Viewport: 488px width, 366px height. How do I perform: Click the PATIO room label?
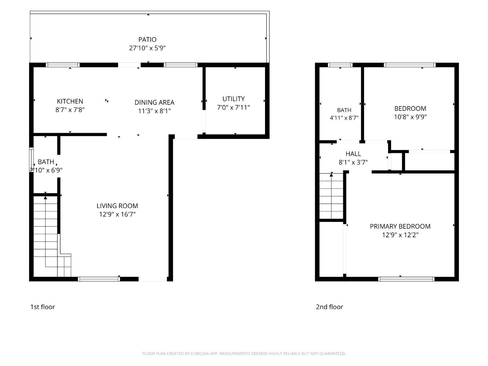147,40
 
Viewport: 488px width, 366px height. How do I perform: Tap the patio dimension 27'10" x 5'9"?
147,48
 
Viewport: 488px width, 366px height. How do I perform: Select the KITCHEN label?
70,101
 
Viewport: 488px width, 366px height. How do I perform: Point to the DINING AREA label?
154,102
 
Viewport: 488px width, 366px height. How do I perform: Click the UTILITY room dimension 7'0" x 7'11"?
233,107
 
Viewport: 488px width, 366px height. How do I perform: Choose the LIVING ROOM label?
117,206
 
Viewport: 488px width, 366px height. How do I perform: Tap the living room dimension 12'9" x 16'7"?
117,214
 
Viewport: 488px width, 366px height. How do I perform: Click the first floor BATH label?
46,162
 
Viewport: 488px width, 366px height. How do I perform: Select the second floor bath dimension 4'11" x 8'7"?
344,118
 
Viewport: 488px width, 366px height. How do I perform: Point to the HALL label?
353,154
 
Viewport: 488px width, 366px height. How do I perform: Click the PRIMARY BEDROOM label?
400,226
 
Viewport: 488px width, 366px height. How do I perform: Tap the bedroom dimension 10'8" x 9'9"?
410,117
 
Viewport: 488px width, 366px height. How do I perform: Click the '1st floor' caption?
42,307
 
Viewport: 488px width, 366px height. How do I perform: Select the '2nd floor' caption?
329,307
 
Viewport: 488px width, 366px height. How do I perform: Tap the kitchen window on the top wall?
63,65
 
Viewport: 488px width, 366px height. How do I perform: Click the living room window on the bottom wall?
99,279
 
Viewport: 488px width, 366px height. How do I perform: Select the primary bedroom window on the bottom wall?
406,279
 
